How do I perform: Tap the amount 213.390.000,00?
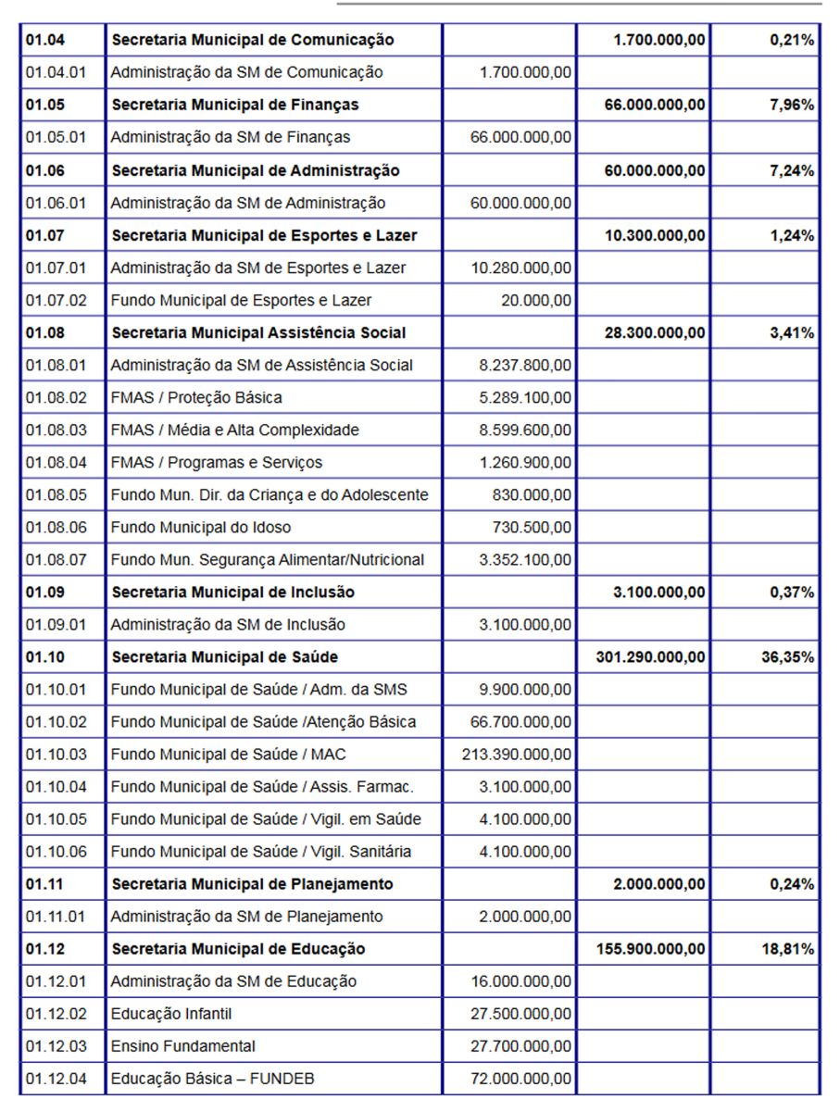coord(517,755)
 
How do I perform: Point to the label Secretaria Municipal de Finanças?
coord(235,105)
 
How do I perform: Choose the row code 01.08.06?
coord(56,528)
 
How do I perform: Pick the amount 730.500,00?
coord(532,528)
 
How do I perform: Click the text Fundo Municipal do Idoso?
coord(201,528)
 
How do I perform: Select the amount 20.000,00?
coord(535,300)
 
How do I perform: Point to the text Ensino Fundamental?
coord(183,1046)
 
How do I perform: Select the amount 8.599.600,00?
coord(525,430)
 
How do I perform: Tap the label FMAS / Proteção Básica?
coord(196,397)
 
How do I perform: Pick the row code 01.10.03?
coord(56,755)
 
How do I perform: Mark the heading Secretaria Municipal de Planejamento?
coord(252,884)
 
